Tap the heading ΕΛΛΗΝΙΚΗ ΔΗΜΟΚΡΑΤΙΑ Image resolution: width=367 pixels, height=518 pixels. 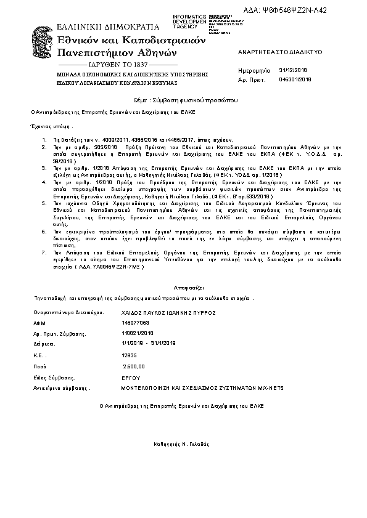[x=99, y=27]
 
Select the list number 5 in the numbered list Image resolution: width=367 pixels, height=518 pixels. [x=44, y=202]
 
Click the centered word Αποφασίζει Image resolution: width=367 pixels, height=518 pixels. [x=183, y=287]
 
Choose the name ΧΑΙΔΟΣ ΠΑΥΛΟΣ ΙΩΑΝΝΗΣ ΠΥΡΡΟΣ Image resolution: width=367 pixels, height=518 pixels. [x=168, y=313]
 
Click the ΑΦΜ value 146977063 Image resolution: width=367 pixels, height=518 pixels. [x=136, y=323]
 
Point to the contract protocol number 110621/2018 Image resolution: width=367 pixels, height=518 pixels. [x=138, y=333]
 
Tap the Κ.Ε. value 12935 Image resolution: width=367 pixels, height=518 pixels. [x=130, y=355]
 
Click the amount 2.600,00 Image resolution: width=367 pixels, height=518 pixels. [x=134, y=365]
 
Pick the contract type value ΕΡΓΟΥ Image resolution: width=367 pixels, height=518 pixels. [x=131, y=378]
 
